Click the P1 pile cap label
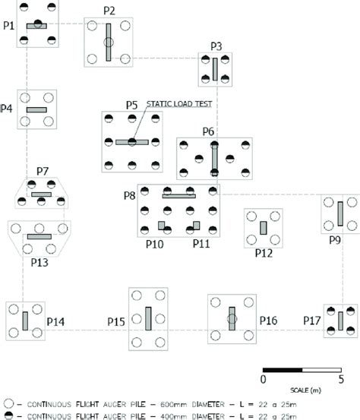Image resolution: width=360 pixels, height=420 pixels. (x=8, y=25)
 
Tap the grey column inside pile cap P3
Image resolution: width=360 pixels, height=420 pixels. (x=216, y=69)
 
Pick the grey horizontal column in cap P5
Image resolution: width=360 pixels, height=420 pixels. (x=131, y=141)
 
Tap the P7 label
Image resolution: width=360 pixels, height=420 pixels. (x=43, y=172)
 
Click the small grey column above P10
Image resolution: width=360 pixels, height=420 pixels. (x=161, y=225)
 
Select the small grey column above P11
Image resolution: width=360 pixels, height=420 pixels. (x=196, y=225)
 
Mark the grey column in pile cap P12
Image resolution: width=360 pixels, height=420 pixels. (x=263, y=227)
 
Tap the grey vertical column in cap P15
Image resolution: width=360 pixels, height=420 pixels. (x=148, y=317)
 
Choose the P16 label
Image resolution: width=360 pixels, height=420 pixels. (x=268, y=321)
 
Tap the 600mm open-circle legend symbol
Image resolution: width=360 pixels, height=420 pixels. (x=8, y=401)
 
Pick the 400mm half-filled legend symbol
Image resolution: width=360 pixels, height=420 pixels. (x=8, y=415)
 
